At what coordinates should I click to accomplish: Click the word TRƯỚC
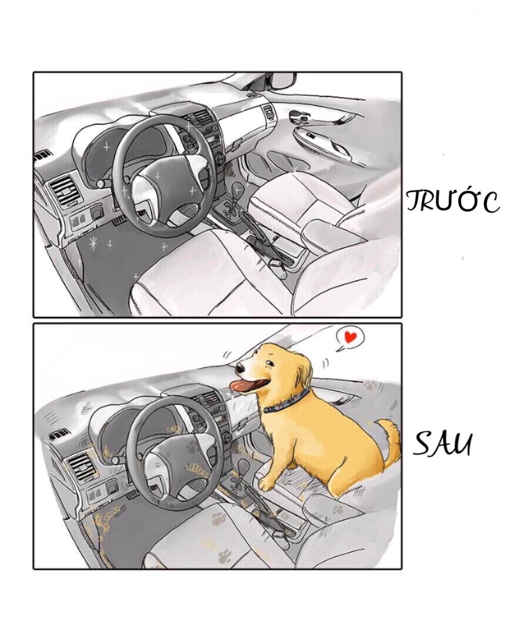pyautogui.click(x=452, y=200)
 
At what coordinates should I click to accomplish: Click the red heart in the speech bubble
pyautogui.click(x=351, y=337)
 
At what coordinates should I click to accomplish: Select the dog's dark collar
pyautogui.click(x=287, y=403)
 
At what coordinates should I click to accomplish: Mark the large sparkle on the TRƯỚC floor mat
pyautogui.click(x=92, y=242)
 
